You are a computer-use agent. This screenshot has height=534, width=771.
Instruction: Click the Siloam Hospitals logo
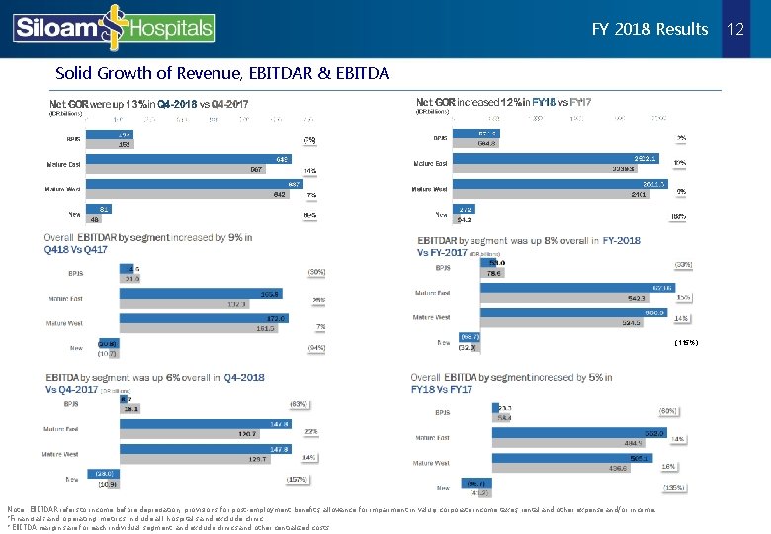click(114, 27)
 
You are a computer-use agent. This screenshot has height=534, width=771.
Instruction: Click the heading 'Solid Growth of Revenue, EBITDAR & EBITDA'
click(222, 73)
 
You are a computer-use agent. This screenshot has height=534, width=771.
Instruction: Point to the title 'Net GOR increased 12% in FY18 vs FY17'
click(504, 102)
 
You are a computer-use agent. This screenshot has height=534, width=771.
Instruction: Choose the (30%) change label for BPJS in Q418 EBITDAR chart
click(316, 271)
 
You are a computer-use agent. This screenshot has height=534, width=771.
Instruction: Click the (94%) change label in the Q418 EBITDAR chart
click(316, 348)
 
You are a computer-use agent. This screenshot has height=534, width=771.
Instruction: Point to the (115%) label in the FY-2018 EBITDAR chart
click(686, 342)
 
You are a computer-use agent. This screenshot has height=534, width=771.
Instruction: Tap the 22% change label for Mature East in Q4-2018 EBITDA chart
click(309, 431)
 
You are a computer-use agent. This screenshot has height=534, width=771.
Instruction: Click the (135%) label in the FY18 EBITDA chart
click(676, 487)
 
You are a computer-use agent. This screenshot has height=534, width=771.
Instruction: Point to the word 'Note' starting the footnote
click(15, 508)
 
